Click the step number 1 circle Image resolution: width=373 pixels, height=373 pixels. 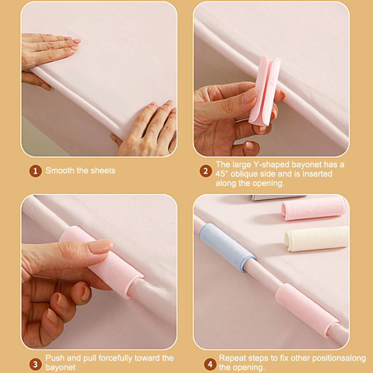35,171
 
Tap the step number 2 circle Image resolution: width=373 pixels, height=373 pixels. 206,171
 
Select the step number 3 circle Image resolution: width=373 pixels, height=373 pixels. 35,364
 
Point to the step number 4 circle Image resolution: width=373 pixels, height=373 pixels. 210,364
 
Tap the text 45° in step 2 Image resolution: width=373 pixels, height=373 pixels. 222,174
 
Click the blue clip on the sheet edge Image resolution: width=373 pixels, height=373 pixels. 227,247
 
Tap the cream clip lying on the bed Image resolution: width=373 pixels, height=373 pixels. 317,239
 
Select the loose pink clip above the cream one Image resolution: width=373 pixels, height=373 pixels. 314,208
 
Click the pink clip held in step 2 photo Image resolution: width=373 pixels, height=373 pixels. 265,91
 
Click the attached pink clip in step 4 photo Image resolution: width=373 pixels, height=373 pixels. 306,310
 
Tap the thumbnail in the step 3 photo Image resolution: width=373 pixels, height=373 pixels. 100,246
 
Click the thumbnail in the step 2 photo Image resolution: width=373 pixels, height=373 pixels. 250,95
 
